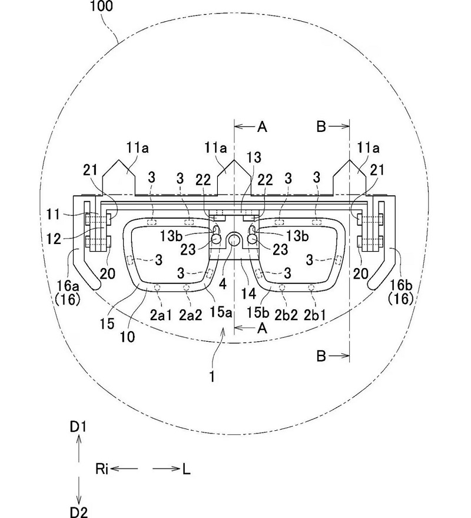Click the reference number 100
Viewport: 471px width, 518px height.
pyautogui.click(x=101, y=6)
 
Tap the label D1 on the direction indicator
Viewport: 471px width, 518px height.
pyautogui.click(x=78, y=427)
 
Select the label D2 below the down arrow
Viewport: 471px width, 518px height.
pyautogui.click(x=79, y=512)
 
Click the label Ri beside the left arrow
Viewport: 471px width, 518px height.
pyautogui.click(x=102, y=468)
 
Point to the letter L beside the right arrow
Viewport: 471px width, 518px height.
pyautogui.click(x=187, y=469)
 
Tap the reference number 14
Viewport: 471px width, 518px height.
pyautogui.click(x=248, y=293)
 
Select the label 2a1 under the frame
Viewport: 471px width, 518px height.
pyautogui.click(x=161, y=315)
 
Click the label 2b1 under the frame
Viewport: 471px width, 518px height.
pyautogui.click(x=315, y=315)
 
